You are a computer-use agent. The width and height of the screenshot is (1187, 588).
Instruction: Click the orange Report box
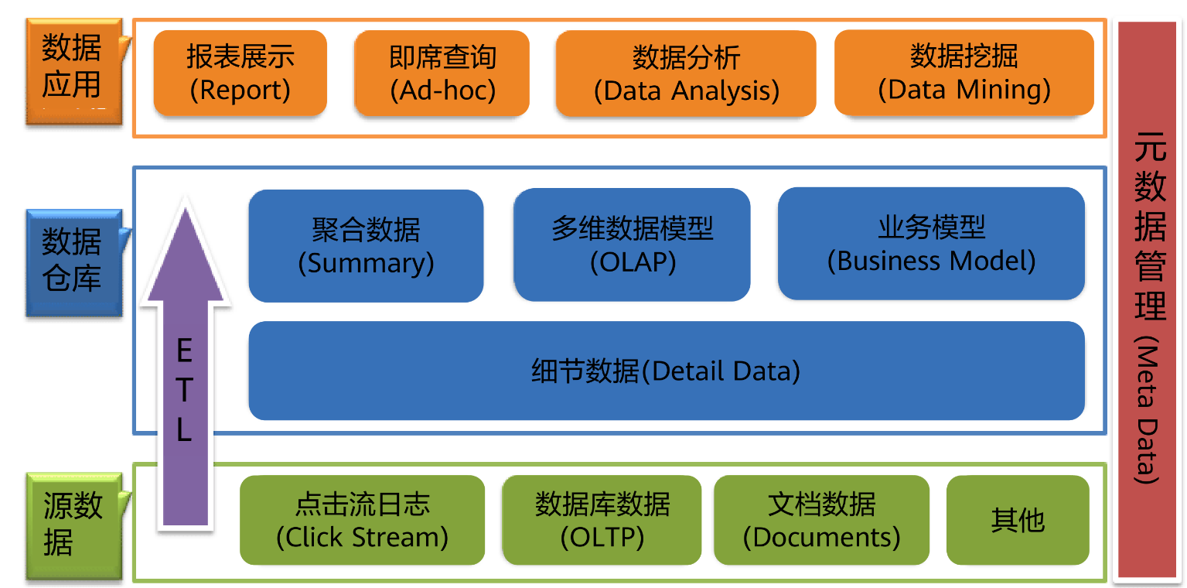point(240,73)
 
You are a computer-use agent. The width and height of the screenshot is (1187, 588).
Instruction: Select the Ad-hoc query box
point(442,73)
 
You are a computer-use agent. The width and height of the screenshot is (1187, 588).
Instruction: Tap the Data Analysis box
point(686,73)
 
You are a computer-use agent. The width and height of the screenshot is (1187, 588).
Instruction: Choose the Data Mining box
point(964,73)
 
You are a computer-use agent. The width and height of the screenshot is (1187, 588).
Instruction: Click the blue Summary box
point(367,246)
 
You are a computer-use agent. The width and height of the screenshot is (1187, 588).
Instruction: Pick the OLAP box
point(633,245)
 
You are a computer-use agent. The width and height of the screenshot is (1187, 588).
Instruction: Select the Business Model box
point(931,244)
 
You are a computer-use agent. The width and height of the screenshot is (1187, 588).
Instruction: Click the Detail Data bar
point(667,371)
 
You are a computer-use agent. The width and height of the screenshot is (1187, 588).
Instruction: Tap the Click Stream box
point(363,520)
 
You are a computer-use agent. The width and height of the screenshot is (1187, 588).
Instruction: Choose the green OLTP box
point(602,520)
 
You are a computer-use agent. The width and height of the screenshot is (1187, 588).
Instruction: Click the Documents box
point(821,520)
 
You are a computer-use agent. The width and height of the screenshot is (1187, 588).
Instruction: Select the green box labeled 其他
point(1018,520)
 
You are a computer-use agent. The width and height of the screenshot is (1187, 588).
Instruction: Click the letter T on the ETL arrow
point(184,390)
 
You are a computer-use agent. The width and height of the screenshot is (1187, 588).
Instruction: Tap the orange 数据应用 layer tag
point(74,72)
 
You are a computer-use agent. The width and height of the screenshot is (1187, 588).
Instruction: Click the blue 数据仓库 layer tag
point(74,263)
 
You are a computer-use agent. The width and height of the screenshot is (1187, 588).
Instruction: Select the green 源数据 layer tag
point(74,526)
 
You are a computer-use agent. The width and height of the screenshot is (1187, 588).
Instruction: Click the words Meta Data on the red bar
point(1148,410)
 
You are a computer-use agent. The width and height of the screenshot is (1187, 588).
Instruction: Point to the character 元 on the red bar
point(1150,147)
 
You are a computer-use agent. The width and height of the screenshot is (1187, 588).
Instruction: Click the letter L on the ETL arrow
point(184,429)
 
